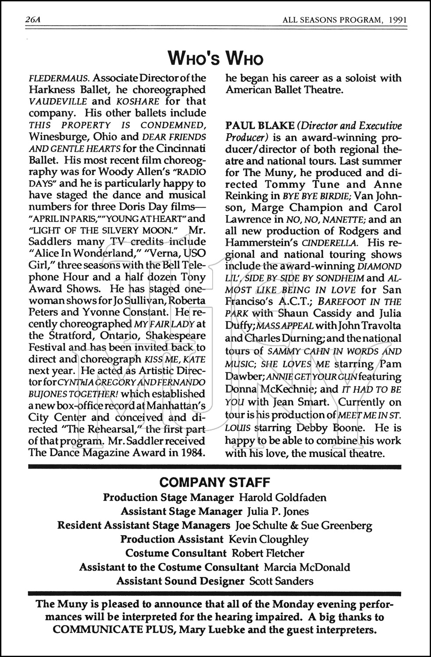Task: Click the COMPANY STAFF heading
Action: click(x=215, y=483)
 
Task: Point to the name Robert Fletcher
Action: click(x=268, y=553)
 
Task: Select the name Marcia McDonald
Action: click(x=307, y=567)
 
